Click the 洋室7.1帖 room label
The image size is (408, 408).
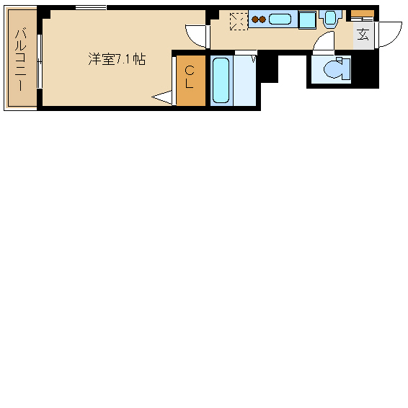(117, 60)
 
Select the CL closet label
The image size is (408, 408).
(190, 76)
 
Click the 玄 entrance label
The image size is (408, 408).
(363, 34)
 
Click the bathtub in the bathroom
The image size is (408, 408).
(221, 80)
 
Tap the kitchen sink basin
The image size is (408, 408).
(280, 19)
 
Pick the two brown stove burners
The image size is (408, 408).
(259, 19)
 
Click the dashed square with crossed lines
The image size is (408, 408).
(238, 22)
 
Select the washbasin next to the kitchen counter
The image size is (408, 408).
(330, 17)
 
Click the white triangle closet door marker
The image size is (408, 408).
(164, 97)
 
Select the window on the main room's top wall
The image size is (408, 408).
(91, 8)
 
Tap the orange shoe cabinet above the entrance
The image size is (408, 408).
(363, 13)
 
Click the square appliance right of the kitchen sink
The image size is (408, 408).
(308, 20)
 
